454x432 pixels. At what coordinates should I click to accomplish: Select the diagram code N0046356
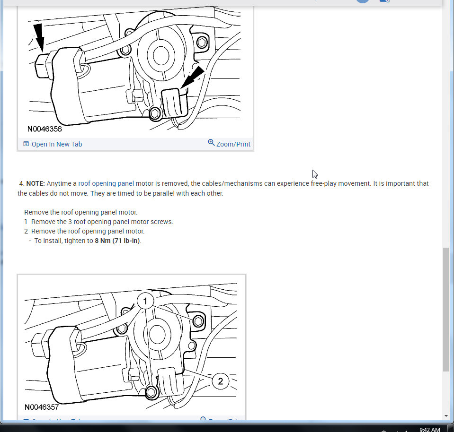(44, 129)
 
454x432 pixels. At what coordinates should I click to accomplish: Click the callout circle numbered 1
(146, 301)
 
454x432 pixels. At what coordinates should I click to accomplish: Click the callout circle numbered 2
(221, 381)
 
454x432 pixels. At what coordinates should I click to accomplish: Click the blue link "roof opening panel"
(106, 183)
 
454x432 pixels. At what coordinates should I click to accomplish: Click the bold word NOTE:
(36, 183)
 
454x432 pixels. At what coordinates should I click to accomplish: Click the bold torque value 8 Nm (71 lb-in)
(117, 241)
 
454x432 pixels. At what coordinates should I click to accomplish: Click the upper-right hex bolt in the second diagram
(198, 321)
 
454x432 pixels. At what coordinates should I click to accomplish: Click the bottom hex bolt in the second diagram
(151, 392)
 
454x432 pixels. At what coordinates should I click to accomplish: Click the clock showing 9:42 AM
(429, 429)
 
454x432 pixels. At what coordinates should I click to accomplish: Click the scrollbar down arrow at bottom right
(446, 416)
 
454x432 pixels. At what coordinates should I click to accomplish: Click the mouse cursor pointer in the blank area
(315, 174)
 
